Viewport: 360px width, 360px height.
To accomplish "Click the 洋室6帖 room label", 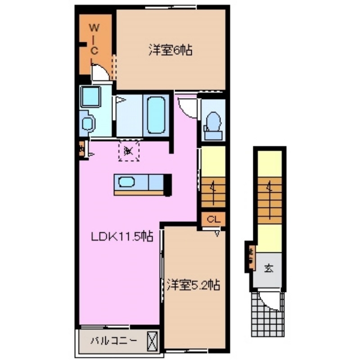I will coord(171,51).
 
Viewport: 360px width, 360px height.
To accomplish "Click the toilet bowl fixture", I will coord(213,121).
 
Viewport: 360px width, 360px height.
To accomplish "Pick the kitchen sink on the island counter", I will coord(126,182).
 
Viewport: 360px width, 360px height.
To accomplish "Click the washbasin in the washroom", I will coord(88,123).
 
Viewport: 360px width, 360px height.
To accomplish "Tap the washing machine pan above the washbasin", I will coord(91,96).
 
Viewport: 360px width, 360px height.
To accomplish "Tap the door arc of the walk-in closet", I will coord(100,72).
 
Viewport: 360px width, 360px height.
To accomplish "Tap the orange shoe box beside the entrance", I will coord(249,256).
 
